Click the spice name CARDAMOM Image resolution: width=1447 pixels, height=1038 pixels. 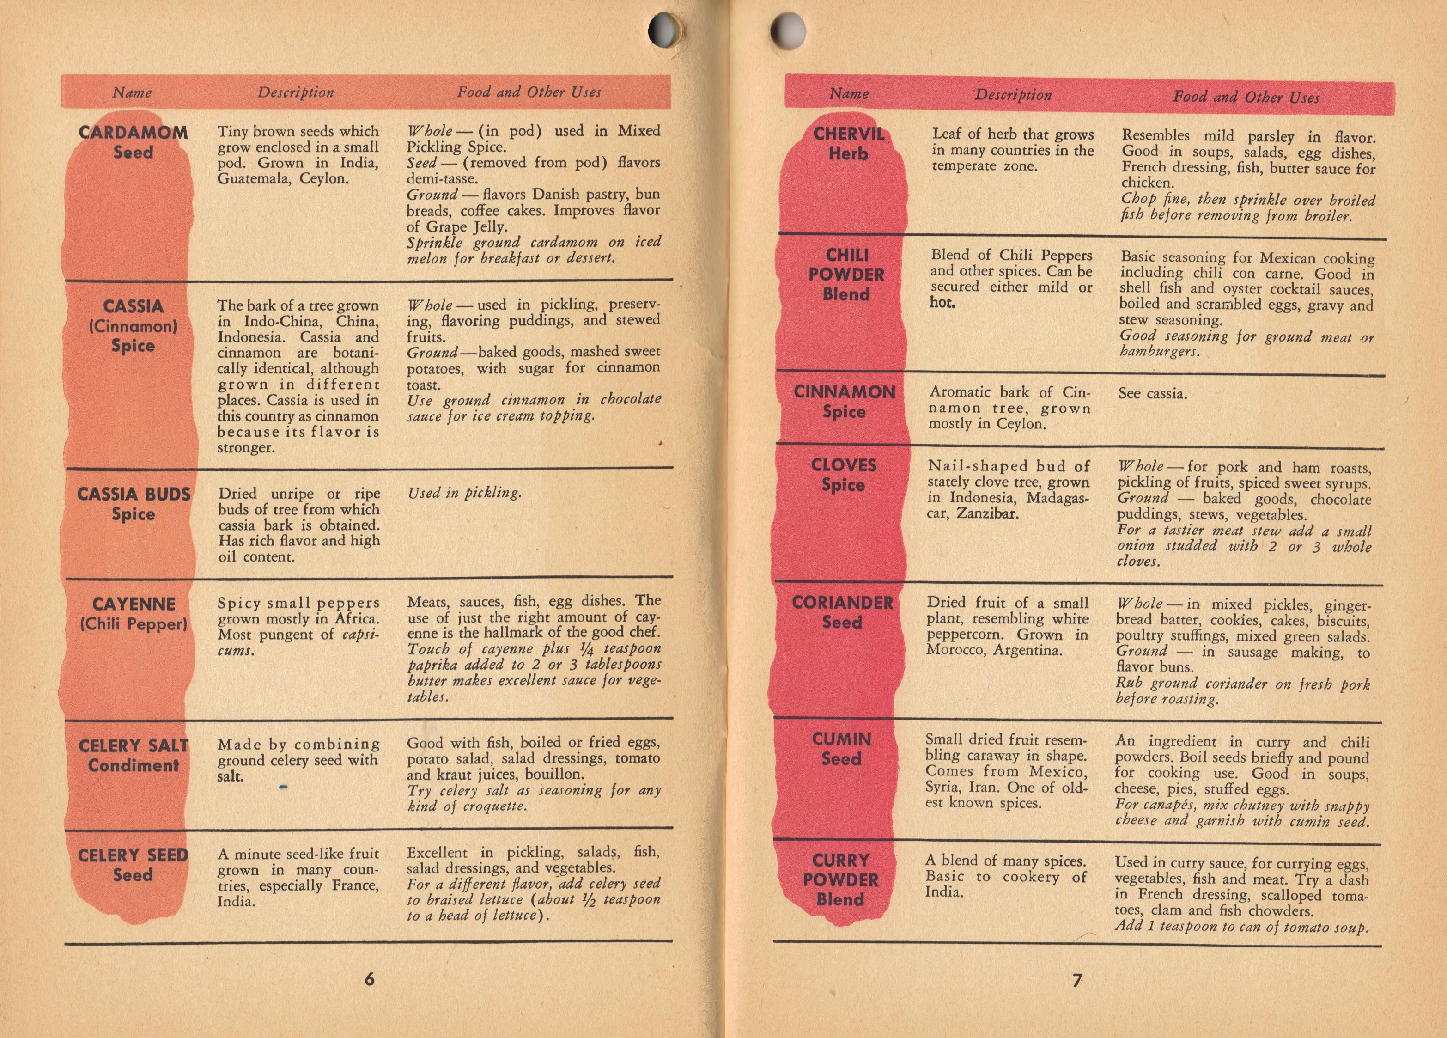click(x=134, y=133)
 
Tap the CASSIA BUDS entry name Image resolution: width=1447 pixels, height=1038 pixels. click(x=134, y=494)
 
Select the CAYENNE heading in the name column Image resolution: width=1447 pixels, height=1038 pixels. click(x=134, y=604)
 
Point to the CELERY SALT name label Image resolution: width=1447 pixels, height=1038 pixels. click(x=134, y=745)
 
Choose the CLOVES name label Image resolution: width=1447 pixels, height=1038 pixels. click(x=844, y=465)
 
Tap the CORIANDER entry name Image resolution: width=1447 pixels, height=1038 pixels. click(x=842, y=603)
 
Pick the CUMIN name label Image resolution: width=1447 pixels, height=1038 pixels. click(x=841, y=739)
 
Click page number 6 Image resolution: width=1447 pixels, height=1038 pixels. click(x=370, y=979)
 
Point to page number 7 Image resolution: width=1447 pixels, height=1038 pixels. click(x=1077, y=980)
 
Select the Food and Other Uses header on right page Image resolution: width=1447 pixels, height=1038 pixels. click(x=1246, y=98)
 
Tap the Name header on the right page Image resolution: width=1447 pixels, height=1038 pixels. click(x=849, y=94)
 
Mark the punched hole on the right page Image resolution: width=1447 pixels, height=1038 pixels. click(x=787, y=30)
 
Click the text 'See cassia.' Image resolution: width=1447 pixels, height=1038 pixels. click(x=1152, y=393)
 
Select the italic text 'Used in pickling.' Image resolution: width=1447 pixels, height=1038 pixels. click(x=464, y=492)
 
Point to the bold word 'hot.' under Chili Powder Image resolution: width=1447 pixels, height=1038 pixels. click(x=942, y=303)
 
